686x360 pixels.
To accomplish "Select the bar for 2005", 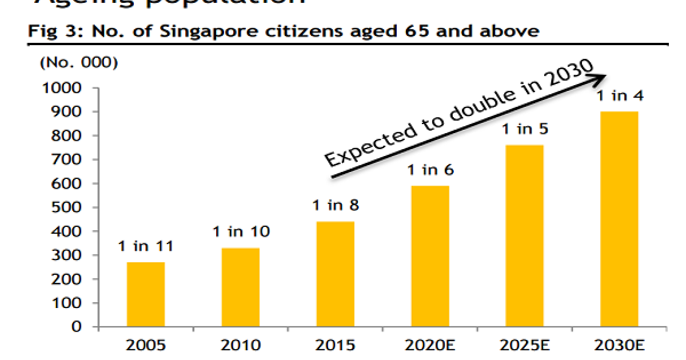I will point(145,294).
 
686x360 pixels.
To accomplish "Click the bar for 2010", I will point(240,287).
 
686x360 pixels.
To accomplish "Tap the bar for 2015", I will point(335,274).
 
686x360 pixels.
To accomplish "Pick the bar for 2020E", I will point(430,256).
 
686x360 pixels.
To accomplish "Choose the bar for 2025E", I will point(525,235).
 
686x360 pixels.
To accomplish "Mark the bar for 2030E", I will point(619,219).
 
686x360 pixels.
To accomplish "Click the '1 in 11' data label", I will point(146,247).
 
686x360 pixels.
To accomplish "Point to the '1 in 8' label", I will point(336,205).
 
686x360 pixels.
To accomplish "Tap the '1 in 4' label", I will point(620,96).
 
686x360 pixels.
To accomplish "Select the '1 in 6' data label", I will point(430,170).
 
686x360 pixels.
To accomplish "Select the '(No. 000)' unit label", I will point(78,63).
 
